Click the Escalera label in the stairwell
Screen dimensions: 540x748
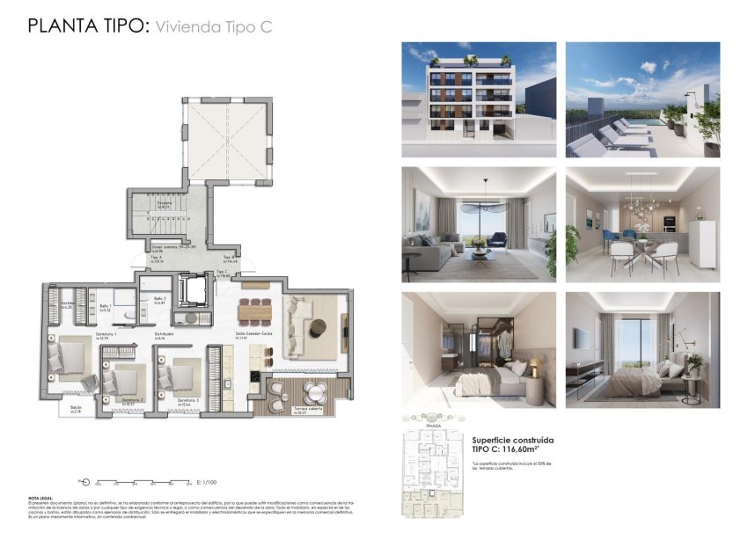point(165,203)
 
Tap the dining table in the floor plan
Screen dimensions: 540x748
point(256,310)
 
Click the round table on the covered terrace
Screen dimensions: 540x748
point(314,392)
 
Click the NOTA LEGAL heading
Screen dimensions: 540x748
point(40,497)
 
